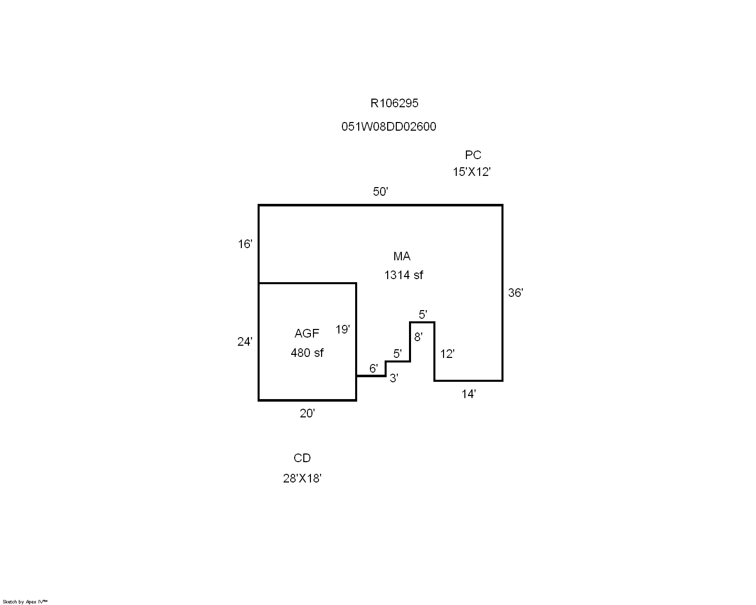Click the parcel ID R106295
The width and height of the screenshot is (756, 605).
coord(394,103)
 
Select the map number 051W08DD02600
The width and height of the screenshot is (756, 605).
coord(389,127)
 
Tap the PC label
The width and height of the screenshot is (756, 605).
coord(473,155)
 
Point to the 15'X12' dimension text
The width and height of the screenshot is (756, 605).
coord(471,172)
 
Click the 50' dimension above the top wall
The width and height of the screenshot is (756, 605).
coord(381,192)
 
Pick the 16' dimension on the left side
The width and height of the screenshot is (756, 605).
coord(245,244)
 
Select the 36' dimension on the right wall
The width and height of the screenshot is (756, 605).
coord(515,293)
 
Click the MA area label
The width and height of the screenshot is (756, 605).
coord(402,256)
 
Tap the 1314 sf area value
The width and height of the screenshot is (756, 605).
coord(403,275)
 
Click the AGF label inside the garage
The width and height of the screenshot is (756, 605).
coord(307,334)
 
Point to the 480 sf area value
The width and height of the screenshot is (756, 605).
coord(307,353)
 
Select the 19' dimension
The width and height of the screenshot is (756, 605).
coord(342,329)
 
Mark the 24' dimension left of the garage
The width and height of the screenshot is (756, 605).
coord(245,341)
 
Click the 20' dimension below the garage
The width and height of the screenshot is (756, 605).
coord(307,413)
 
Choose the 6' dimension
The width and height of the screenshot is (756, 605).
coord(373,369)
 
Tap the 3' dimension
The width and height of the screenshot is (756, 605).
coord(394,378)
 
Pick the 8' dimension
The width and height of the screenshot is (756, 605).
coord(418,337)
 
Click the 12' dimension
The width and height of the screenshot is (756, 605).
coord(447,354)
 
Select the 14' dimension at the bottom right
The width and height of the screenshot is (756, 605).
coord(468,394)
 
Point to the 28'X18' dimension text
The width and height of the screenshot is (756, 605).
coord(302,478)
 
